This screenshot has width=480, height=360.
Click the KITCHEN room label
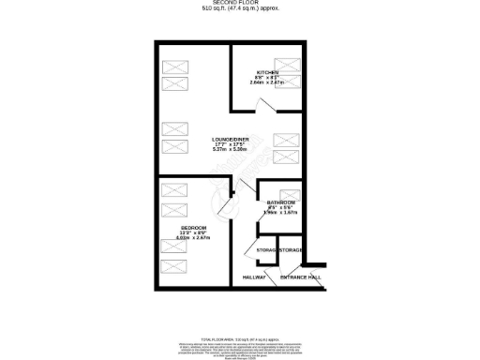[269, 72]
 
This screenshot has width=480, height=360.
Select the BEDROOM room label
[194, 228]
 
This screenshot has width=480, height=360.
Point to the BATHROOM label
[280, 203]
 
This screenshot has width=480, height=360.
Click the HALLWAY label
[254, 277]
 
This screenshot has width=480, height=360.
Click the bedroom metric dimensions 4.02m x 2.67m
[194, 239]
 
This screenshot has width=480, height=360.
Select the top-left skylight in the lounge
[174, 67]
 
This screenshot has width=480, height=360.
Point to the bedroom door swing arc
[225, 202]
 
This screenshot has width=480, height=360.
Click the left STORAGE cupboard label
[268, 251]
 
